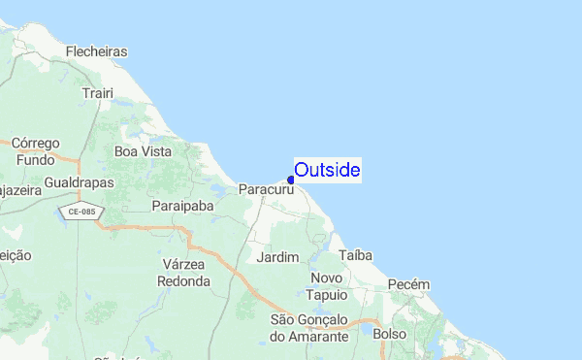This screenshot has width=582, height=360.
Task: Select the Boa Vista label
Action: [x=143, y=151]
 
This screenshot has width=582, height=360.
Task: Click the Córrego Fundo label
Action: [x=35, y=150]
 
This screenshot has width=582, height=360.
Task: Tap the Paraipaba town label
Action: [x=181, y=206]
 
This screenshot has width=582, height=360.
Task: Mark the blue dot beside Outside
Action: [x=291, y=179]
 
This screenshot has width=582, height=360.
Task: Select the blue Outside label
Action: [x=328, y=171]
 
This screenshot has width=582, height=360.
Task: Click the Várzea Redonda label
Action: [x=183, y=273]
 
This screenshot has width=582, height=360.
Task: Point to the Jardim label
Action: [x=275, y=257]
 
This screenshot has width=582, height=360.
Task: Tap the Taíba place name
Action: [x=356, y=254]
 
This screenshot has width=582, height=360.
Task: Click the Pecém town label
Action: [x=406, y=284]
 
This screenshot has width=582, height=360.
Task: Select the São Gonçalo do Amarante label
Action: [x=308, y=327]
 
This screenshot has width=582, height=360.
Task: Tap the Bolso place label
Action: [x=391, y=334]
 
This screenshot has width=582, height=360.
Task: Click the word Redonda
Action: [x=183, y=280]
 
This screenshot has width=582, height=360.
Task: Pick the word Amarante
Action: [x=308, y=336]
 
